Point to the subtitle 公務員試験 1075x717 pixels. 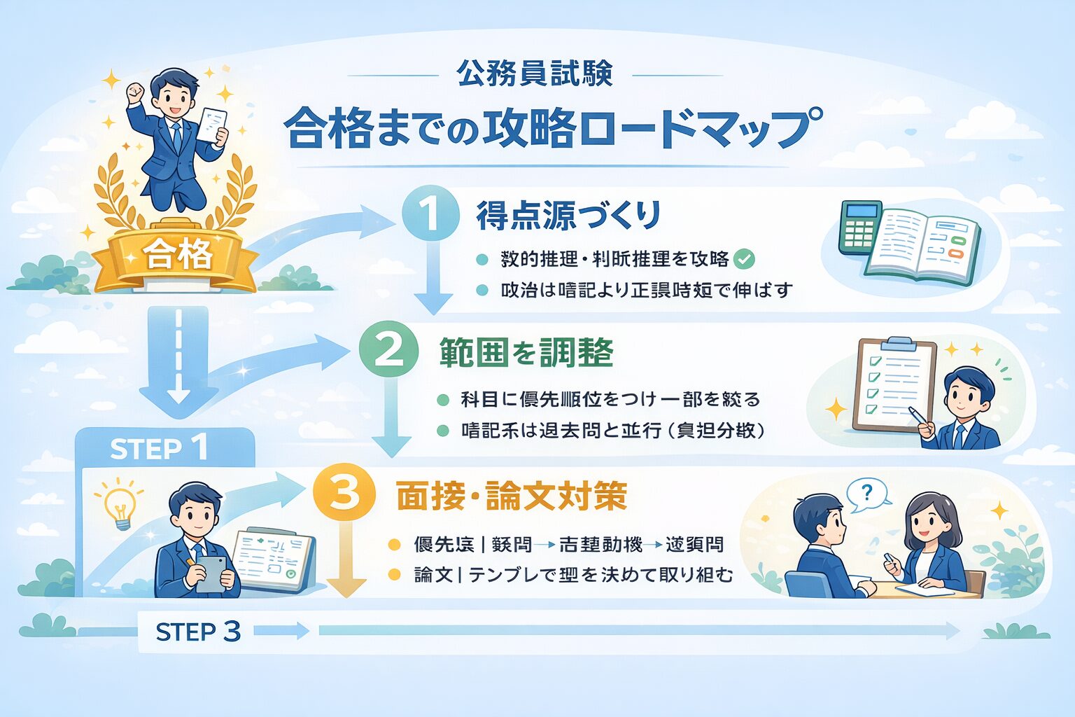[535, 74]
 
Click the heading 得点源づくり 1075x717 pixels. [568, 215]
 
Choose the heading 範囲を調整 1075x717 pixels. [526, 352]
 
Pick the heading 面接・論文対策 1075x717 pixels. [511, 496]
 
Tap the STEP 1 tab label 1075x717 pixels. [159, 449]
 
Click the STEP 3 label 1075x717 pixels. [198, 632]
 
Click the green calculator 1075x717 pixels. [859, 227]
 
